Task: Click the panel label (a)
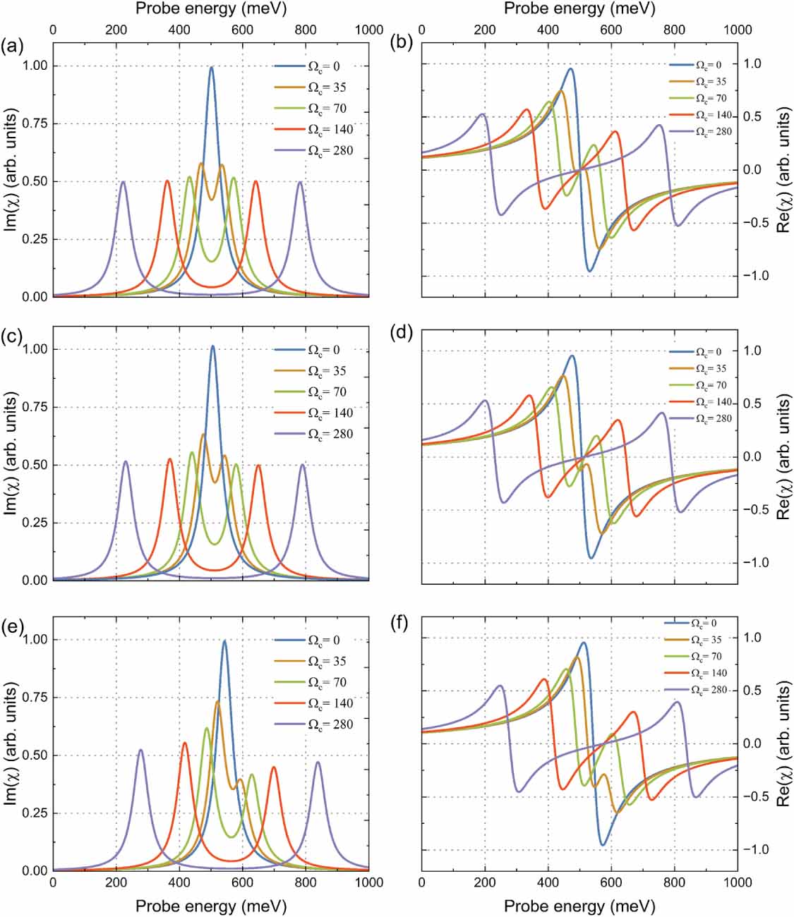click(x=12, y=47)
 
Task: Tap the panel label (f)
click(x=401, y=624)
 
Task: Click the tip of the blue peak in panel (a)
click(x=212, y=67)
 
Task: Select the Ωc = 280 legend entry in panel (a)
click(x=314, y=150)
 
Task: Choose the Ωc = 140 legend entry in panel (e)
click(x=314, y=703)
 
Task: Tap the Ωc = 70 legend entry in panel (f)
click(x=695, y=656)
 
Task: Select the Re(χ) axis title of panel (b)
click(x=782, y=170)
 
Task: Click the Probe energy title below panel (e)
click(x=211, y=905)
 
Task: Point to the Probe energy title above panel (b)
click(x=579, y=10)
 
